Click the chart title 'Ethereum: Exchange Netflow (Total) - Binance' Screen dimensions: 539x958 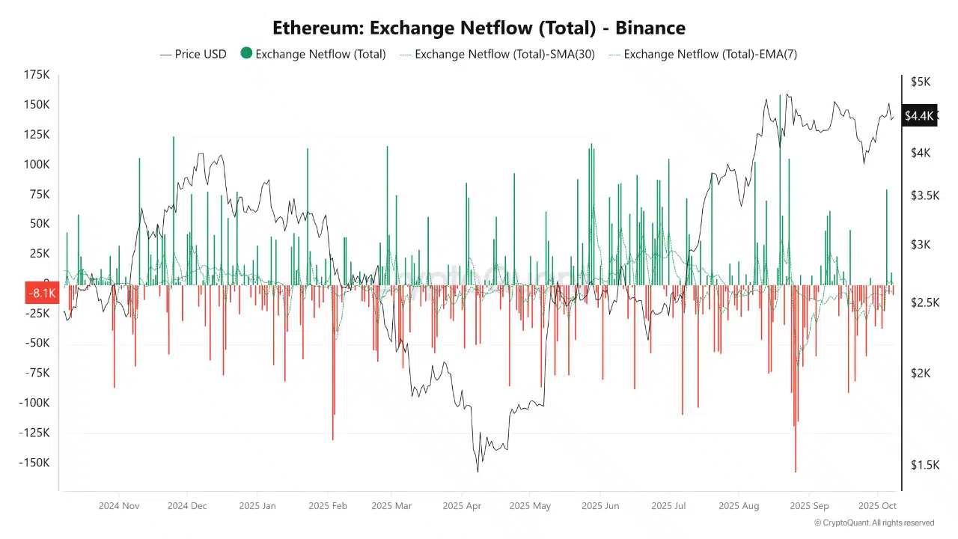[478, 28]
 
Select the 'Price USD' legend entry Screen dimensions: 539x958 [193, 54]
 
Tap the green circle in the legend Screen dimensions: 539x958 [246, 54]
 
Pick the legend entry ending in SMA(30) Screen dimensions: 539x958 [498, 54]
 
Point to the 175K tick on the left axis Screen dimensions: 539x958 [37, 75]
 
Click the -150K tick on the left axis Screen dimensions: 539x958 [34, 463]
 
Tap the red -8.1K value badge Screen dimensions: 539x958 [42, 293]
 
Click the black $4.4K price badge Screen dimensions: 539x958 [919, 115]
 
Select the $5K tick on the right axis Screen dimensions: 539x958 [921, 82]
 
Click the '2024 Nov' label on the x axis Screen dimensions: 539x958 [119, 506]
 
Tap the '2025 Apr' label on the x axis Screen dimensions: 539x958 [462, 506]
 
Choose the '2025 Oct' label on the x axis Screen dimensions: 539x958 [877, 506]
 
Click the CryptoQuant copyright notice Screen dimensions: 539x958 [874, 523]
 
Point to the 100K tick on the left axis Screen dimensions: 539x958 [37, 165]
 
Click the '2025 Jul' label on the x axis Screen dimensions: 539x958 [668, 506]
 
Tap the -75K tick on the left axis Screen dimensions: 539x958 [37, 373]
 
